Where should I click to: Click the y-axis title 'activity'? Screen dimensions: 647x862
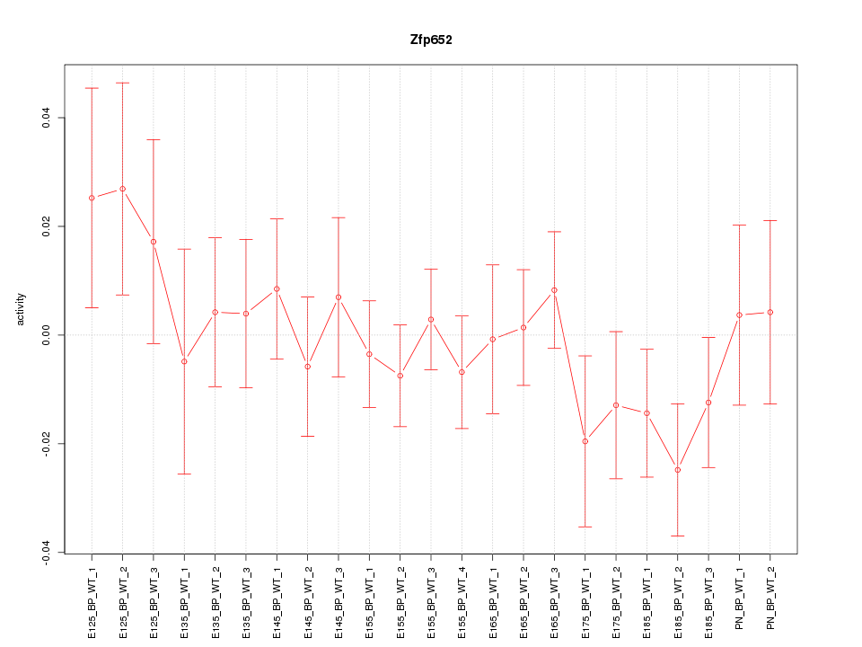pos(22,309)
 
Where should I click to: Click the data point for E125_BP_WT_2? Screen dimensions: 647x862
pos(122,189)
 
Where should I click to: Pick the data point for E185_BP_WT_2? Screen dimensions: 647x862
pos(678,470)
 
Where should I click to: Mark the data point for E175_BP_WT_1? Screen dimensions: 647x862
pos(585,441)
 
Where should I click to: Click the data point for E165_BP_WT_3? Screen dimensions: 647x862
pos(554,290)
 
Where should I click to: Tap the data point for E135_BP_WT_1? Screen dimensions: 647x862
pos(184,361)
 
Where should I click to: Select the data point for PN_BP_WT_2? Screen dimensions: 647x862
pos(770,312)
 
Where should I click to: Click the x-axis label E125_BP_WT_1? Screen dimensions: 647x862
pos(92,598)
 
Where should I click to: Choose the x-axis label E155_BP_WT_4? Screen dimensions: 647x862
pos(462,598)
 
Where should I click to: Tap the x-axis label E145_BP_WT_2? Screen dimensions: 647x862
pos(307,598)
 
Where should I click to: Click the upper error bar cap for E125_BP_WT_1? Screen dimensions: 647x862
pos(92,88)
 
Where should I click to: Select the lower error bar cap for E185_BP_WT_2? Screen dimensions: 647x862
pos(678,536)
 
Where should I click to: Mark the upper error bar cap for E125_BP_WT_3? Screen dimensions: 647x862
pos(154,139)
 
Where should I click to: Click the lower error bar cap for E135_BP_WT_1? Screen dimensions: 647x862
pos(184,474)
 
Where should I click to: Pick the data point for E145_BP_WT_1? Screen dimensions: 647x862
pos(277,288)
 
